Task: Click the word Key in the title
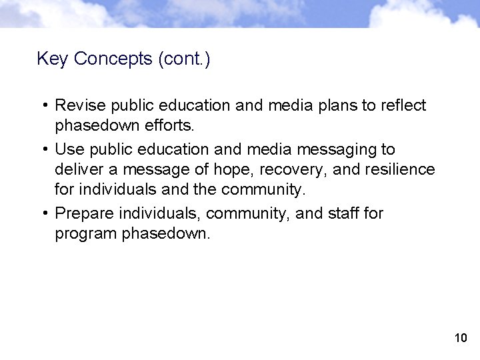click(x=53, y=59)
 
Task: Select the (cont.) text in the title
click(x=184, y=59)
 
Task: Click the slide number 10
click(x=460, y=338)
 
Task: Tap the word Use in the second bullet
click(x=69, y=149)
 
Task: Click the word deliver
click(x=77, y=169)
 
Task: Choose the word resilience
click(x=399, y=169)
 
